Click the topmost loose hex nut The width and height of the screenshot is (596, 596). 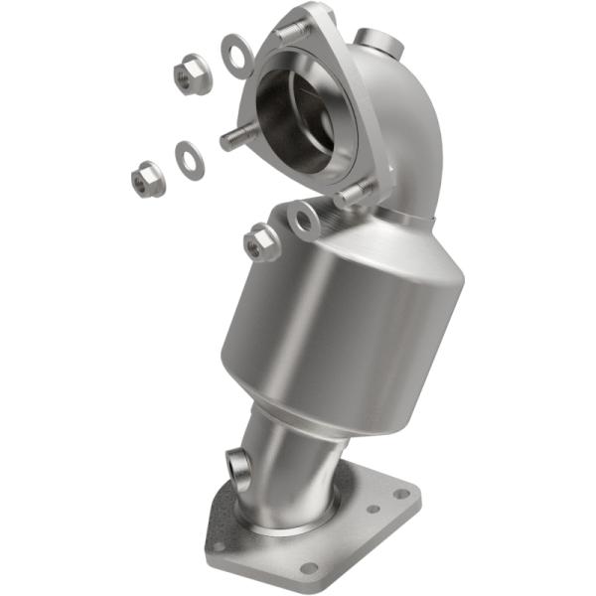[x=186, y=72]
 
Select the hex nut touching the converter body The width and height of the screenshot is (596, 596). [x=261, y=241]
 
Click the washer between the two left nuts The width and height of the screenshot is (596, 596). [x=189, y=160]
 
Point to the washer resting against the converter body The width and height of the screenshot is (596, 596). [x=305, y=221]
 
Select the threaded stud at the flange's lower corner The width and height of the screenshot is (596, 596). [x=353, y=195]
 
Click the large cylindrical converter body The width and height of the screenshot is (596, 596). [x=328, y=318]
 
